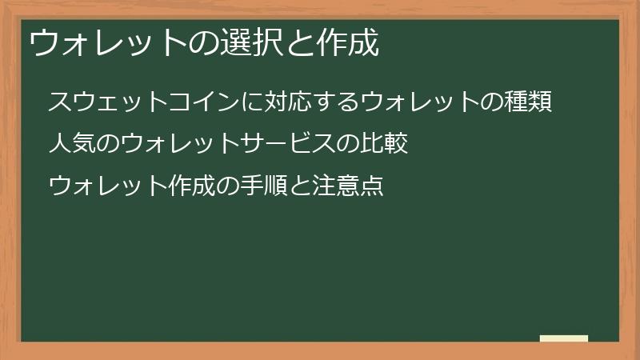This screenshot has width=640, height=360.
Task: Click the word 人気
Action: (x=73, y=145)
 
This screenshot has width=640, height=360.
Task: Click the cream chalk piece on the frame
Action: (x=564, y=338)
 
